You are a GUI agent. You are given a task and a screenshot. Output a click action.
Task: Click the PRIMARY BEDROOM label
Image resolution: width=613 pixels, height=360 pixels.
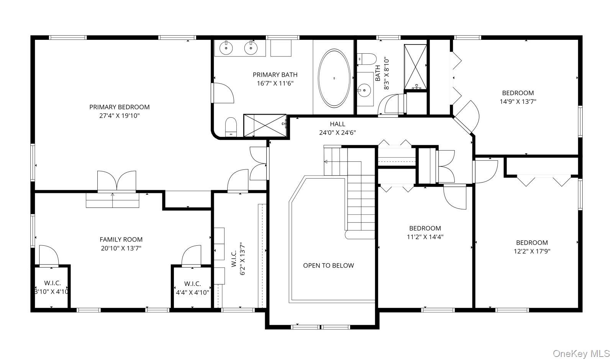point(119,107)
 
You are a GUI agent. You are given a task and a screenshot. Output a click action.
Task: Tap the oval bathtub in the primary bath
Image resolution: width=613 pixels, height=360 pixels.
point(334,78)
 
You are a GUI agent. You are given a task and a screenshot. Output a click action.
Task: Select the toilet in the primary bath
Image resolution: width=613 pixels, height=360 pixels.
point(231,127)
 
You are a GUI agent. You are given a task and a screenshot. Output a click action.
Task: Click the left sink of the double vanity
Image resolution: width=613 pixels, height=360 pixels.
point(226,48)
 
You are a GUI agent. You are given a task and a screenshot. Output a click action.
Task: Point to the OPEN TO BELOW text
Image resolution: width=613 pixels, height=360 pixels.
point(328,265)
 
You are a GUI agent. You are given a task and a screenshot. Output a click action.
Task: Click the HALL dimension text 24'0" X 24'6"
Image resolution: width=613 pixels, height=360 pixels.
point(338,133)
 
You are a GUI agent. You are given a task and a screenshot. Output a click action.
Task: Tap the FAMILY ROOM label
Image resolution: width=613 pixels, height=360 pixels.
point(121,240)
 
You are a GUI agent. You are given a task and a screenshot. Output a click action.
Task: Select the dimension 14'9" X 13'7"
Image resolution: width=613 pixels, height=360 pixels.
point(518,102)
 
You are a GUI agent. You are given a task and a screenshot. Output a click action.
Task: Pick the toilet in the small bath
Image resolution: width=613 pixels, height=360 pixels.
point(367,59)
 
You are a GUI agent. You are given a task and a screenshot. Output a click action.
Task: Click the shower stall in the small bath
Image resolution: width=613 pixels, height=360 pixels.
point(415,67)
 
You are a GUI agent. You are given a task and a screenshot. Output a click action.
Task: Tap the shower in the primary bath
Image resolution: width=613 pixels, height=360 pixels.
point(265,125)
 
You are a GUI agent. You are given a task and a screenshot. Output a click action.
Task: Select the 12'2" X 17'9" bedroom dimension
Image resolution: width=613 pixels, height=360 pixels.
point(532,252)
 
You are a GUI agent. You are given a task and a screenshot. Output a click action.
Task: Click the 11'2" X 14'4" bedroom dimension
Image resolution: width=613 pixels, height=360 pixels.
point(425,237)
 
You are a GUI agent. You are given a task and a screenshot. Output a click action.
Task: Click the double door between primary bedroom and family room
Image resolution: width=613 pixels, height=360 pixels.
point(117,181)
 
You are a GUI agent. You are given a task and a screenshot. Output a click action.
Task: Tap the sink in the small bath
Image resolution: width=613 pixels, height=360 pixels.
point(364,90)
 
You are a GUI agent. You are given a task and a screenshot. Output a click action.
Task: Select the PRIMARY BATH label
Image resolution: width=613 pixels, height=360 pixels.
point(275,75)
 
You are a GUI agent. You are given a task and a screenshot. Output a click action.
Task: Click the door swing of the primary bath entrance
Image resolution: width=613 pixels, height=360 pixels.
point(223,93)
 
